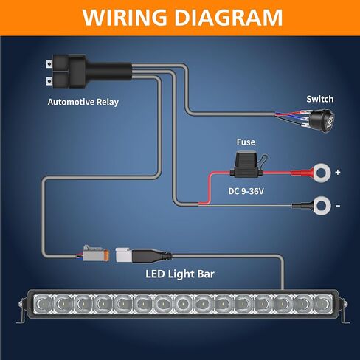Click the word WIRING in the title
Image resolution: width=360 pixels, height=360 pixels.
click(x=125, y=18)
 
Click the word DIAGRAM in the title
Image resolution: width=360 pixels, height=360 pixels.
click(x=229, y=18)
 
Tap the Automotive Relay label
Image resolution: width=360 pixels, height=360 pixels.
click(x=83, y=102)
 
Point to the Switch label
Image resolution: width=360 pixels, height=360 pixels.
click(x=320, y=99)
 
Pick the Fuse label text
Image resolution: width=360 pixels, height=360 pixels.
click(x=246, y=142)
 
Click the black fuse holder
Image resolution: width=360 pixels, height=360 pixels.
click(x=246, y=165)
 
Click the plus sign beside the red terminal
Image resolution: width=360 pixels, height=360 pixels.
click(x=338, y=172)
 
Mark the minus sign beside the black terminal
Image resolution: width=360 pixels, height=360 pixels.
click(x=338, y=206)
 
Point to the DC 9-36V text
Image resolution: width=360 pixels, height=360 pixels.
click(x=246, y=191)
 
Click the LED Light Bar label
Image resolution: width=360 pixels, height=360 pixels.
click(x=180, y=274)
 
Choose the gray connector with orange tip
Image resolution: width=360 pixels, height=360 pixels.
click(x=96, y=253)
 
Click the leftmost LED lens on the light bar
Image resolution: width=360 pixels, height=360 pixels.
click(x=43, y=304)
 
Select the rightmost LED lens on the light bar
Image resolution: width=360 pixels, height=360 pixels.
click(x=322, y=304)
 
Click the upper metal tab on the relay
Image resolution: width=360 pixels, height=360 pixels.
click(x=49, y=64)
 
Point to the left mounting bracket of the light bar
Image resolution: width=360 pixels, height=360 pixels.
click(x=21, y=311)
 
